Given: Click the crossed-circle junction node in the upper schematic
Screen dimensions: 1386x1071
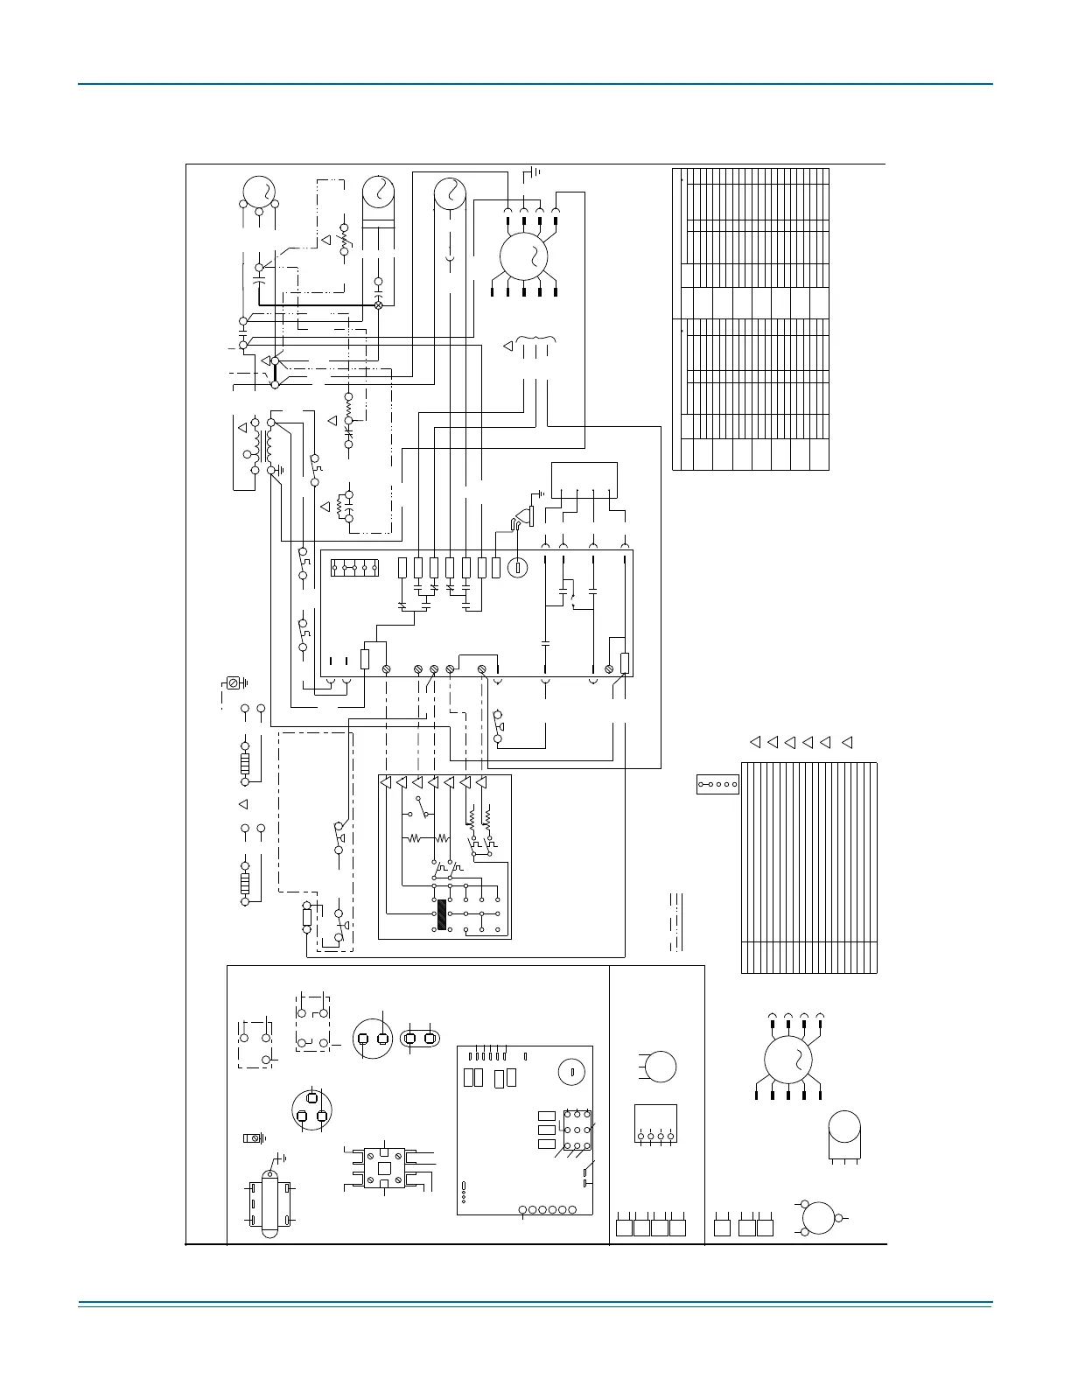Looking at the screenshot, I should tap(379, 304).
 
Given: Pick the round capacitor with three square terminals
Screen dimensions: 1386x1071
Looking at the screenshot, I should tap(311, 1109).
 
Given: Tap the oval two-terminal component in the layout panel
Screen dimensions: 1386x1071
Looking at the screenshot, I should tap(419, 1039).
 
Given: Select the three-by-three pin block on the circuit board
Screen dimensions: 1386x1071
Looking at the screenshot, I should tap(577, 1130).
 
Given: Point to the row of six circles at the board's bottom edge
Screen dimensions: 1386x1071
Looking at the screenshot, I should tap(548, 1210).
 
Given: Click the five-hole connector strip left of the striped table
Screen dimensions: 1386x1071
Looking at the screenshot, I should tap(717, 784).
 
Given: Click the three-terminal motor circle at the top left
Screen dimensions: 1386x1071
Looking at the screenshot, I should tap(259, 192).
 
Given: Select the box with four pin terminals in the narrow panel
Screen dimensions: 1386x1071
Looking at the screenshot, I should tap(655, 1123).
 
